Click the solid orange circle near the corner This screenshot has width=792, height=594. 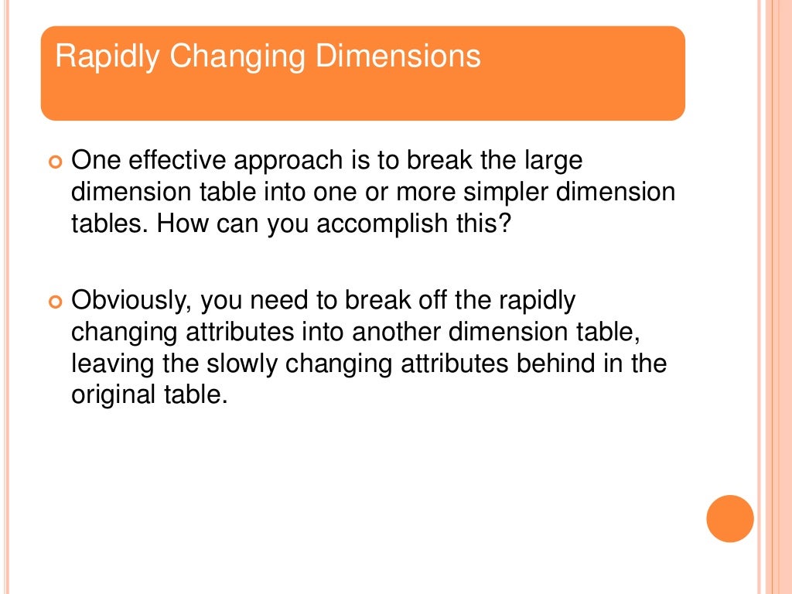pyautogui.click(x=730, y=518)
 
